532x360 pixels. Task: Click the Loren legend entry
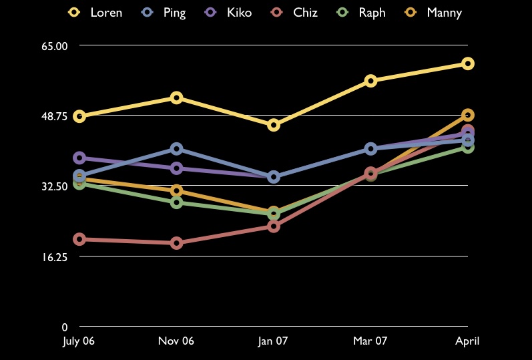(x=96, y=12)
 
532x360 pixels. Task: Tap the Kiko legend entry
(x=230, y=12)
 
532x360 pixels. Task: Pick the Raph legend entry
(x=363, y=12)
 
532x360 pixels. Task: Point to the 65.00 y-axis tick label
(x=55, y=45)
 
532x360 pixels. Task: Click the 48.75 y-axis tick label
(x=55, y=116)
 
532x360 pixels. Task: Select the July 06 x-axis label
(x=79, y=341)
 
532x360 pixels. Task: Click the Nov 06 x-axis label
(x=176, y=341)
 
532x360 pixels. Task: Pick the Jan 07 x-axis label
(x=273, y=341)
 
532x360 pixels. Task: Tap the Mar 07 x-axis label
(x=370, y=341)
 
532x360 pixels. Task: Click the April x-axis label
(x=467, y=341)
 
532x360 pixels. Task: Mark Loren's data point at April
(x=467, y=63)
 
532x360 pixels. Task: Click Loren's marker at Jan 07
(x=274, y=125)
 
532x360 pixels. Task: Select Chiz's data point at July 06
(x=79, y=239)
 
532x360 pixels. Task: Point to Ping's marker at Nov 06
(x=176, y=148)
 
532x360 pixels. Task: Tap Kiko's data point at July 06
(x=79, y=158)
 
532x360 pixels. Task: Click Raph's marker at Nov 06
(x=176, y=202)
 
